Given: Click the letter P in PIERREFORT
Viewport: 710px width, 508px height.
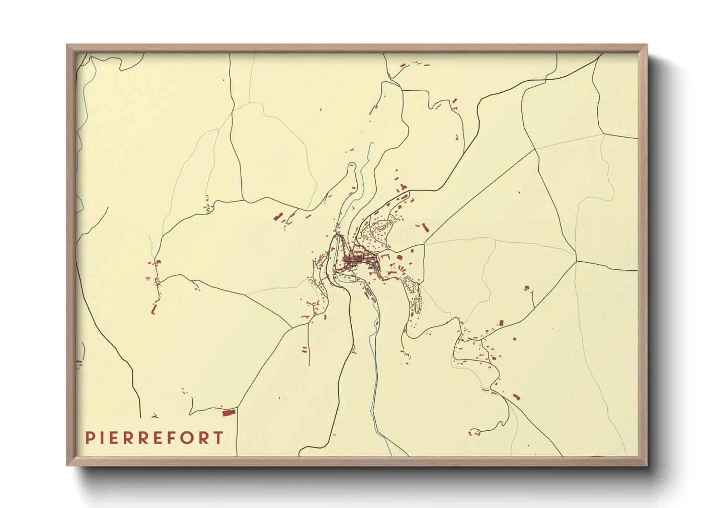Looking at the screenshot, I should point(89,438).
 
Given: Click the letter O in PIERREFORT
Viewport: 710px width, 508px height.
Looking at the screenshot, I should point(188,438).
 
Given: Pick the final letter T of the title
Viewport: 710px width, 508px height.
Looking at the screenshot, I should point(218,438).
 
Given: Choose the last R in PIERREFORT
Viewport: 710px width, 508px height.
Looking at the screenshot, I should point(204,438).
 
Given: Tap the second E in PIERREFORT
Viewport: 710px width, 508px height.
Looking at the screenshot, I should point(158,438).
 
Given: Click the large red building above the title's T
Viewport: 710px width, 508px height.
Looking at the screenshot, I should point(228,412).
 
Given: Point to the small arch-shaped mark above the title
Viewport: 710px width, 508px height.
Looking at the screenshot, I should point(154,416).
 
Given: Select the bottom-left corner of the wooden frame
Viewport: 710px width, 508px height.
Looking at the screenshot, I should point(67,465).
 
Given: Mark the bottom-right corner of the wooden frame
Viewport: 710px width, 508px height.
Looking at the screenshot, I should point(647,465).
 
